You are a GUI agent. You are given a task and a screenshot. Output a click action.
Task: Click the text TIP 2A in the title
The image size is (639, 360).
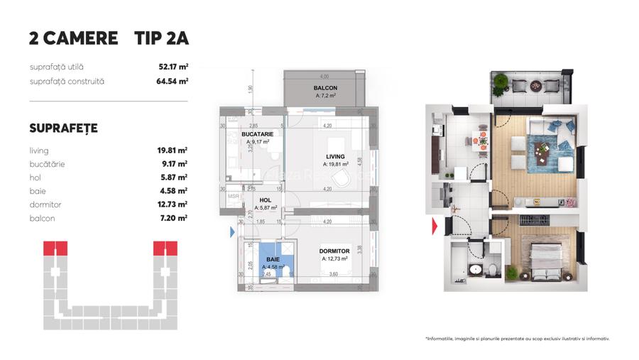tap(161, 38)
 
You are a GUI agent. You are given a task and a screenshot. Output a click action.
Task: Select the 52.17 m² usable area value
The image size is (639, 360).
tap(173, 67)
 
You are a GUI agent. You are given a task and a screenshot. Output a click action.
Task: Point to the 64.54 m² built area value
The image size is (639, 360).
tap(173, 81)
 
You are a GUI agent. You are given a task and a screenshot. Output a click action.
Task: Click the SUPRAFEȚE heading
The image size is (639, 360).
tap(63, 129)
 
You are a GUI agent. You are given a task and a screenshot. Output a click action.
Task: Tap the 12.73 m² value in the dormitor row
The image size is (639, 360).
tap(172, 204)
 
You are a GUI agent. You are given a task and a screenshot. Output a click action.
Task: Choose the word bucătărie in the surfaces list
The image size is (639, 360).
tap(48, 164)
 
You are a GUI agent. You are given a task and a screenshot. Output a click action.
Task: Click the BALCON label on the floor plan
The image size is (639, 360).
tap(325, 88)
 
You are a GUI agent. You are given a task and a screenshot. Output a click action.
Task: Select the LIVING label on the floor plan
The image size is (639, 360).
tap(335, 157)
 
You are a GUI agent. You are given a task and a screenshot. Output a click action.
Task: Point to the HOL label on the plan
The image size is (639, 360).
tap(264, 200)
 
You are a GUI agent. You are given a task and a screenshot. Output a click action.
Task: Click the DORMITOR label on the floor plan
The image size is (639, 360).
tap(334, 251)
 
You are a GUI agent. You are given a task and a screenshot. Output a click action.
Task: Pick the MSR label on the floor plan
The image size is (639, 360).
tap(233, 196)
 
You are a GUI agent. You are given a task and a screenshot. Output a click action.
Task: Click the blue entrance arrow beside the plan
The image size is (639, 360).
tap(232, 231)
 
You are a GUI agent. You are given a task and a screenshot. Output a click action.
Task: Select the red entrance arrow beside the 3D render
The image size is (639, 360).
tap(434, 227)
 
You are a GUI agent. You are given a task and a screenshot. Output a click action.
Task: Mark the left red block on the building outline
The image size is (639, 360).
tap(55, 248)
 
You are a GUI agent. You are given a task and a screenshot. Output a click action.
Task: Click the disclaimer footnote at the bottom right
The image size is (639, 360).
tap(517, 339)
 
